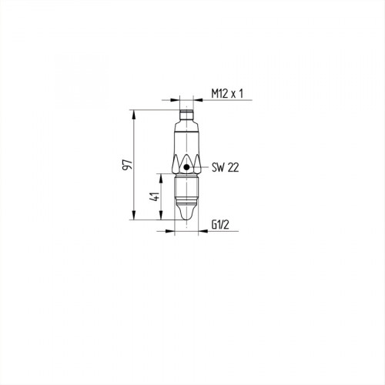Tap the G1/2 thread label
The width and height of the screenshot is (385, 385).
tap(221, 224)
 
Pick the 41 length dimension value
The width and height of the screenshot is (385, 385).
tap(156, 197)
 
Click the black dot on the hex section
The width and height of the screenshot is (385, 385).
tap(187, 166)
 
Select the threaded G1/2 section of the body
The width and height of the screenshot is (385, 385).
tap(187, 188)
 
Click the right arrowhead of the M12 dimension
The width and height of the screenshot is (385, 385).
tap(196, 99)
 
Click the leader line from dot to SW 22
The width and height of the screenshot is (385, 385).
tap(198, 166)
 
